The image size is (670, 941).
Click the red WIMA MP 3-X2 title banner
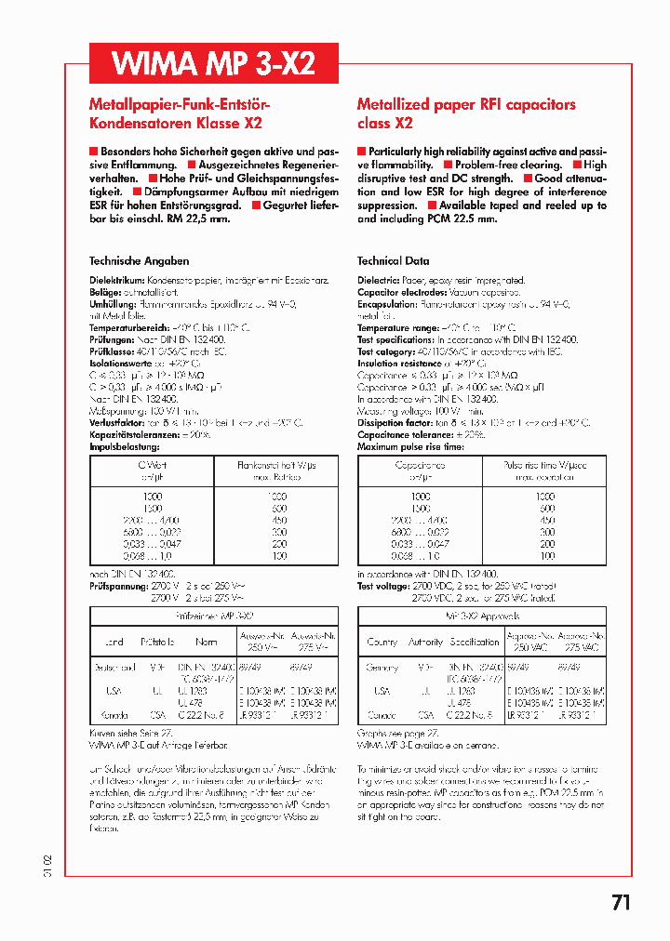[213, 63]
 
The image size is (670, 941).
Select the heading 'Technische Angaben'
[139, 261]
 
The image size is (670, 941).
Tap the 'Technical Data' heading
[393, 261]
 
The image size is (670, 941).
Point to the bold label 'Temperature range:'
[396, 328]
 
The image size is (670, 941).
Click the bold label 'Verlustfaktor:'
[116, 422]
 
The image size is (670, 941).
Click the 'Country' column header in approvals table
[382, 642]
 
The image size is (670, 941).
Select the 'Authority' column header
[426, 642]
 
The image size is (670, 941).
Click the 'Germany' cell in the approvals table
[382, 668]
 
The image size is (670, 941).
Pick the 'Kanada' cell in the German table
[114, 716]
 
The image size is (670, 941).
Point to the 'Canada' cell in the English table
[382, 716]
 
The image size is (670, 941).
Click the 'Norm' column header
[207, 642]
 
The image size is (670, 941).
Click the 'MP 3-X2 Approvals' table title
[482, 616]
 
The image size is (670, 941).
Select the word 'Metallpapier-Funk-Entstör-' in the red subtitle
[179, 105]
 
